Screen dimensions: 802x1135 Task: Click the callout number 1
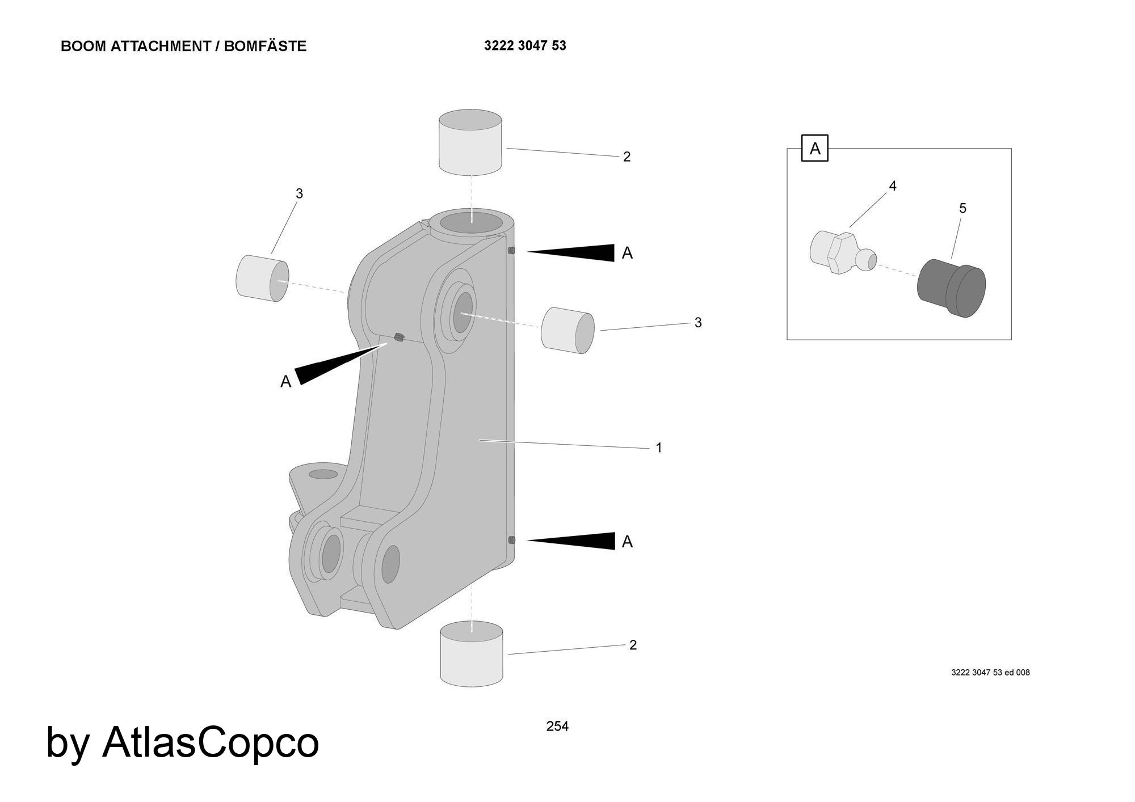click(x=659, y=448)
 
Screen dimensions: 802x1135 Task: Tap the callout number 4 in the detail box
click(x=892, y=186)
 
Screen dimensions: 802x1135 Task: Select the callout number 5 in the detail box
click(x=962, y=209)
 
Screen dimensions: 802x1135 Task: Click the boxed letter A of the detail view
click(x=814, y=149)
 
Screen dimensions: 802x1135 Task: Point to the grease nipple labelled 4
click(x=840, y=253)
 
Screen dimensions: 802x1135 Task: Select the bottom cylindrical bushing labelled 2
click(x=472, y=653)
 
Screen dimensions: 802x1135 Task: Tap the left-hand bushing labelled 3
click(x=262, y=277)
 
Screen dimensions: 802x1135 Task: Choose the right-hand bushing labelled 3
click(x=567, y=330)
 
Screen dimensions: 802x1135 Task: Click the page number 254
click(x=557, y=726)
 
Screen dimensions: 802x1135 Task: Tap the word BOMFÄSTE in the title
click(x=265, y=47)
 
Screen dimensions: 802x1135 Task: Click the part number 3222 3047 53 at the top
click(x=525, y=45)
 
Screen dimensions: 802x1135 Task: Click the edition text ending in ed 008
click(x=990, y=673)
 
